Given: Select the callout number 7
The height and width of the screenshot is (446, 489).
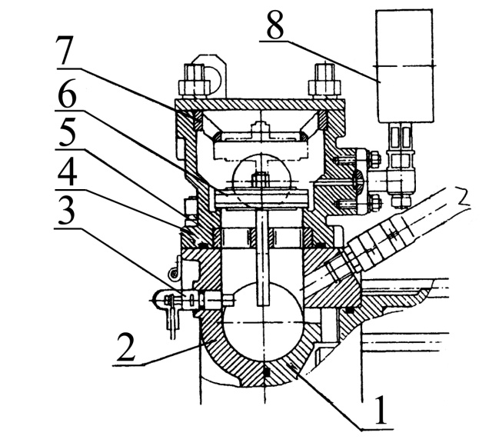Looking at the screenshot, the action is [x=65, y=51].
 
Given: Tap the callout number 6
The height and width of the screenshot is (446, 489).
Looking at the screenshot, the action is [x=67, y=94].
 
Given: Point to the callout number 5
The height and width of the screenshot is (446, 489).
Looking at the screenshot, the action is [x=67, y=131].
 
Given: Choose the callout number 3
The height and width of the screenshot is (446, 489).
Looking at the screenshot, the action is [x=66, y=211].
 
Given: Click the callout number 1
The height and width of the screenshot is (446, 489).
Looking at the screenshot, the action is [x=380, y=410].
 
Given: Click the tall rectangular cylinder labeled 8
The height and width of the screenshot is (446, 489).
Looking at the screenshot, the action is [x=404, y=65].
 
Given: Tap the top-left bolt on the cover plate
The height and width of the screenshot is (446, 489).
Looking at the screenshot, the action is [x=194, y=82].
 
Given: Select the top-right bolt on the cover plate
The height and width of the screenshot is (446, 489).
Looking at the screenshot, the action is [x=324, y=82].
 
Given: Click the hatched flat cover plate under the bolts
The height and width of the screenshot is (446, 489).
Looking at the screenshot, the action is [x=260, y=105].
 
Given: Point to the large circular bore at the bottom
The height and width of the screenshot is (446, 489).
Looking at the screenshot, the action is [x=264, y=318].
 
